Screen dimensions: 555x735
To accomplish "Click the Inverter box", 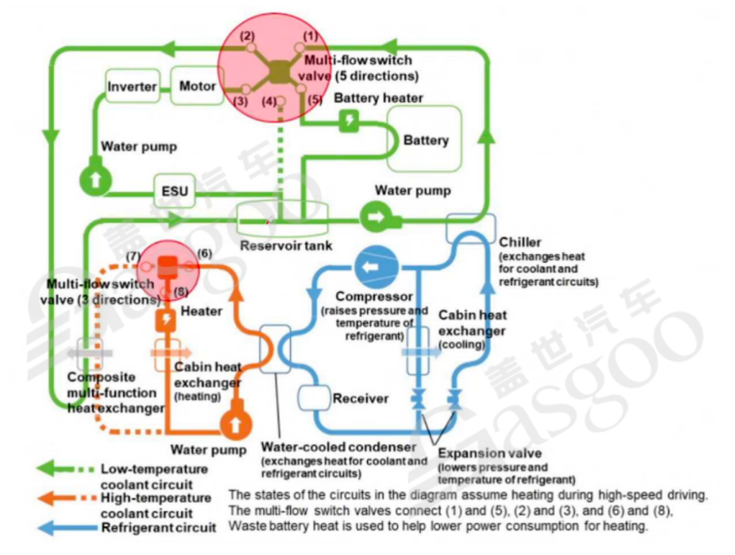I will tap(132, 87).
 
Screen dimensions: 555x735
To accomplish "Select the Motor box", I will tap(197, 86).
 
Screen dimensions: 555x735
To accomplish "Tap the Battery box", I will tap(425, 140).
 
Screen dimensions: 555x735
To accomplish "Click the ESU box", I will tap(172, 191).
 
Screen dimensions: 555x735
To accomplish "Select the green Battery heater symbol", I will tap(350, 121).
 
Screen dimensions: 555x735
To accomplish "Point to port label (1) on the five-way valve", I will tap(310, 35).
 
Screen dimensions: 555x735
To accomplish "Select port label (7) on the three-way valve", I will tap(134, 257).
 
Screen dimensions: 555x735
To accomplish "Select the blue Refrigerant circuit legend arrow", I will tap(65, 528).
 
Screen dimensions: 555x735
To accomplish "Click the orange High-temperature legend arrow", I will tap(65, 497).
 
